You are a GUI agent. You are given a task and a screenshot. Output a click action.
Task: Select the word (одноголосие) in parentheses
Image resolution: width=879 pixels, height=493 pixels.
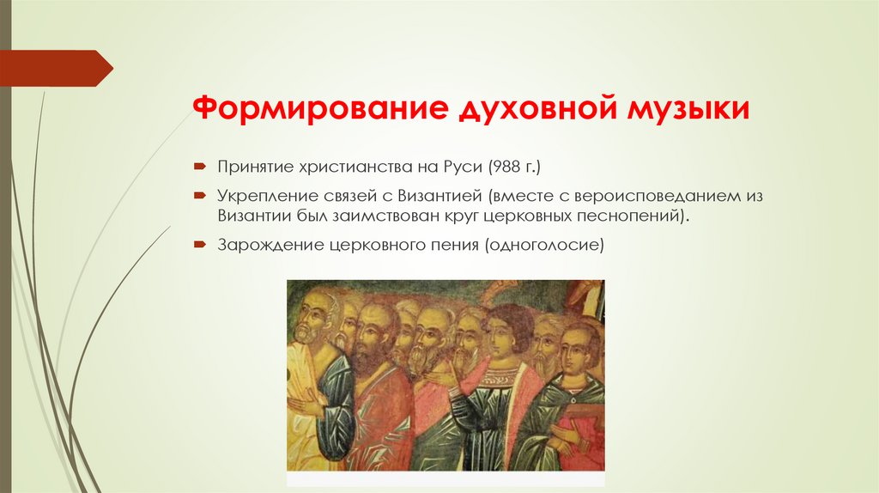pyautogui.click(x=545, y=246)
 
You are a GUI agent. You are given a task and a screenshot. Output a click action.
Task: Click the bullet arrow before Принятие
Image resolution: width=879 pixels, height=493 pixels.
pyautogui.click(x=198, y=163)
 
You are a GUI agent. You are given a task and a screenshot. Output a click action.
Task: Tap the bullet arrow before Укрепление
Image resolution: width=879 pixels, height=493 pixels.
pyautogui.click(x=198, y=196)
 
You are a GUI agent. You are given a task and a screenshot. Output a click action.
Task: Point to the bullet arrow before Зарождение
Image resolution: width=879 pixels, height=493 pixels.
pyautogui.click(x=198, y=246)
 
